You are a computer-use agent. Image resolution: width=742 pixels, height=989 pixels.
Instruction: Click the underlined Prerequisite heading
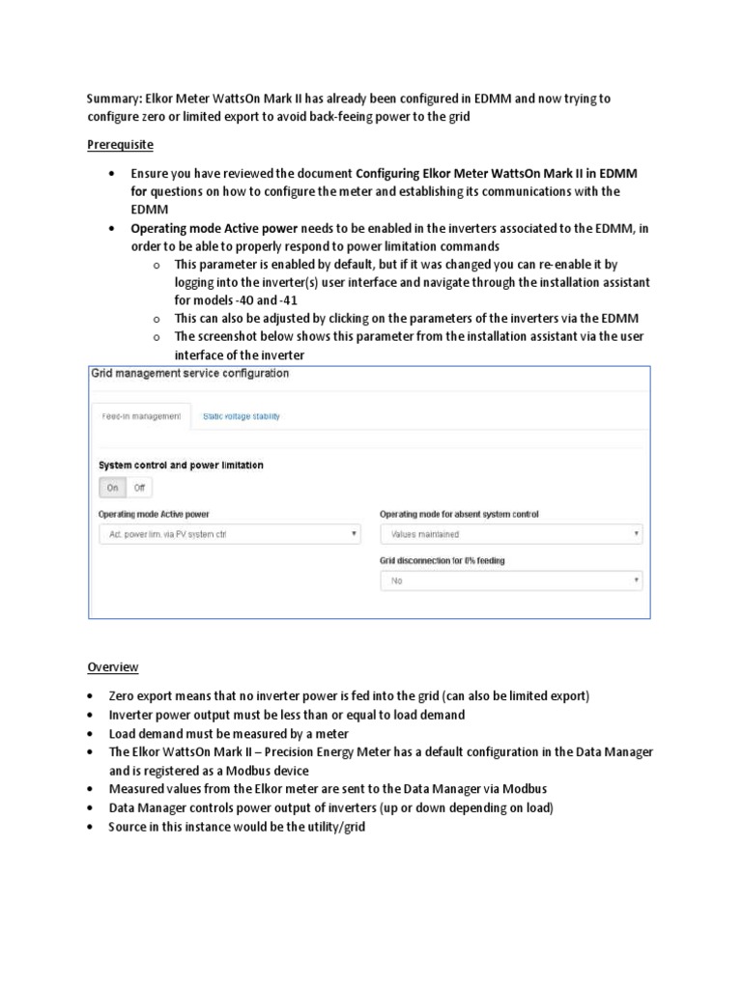coord(121,145)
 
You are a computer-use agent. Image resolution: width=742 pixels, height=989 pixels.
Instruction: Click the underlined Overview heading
coord(113,666)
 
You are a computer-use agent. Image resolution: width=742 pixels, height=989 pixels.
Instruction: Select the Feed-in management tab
coord(141,416)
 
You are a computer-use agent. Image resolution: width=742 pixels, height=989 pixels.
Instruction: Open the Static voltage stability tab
coord(242,416)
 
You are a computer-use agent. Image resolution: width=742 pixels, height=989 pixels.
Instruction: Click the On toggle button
coord(113,488)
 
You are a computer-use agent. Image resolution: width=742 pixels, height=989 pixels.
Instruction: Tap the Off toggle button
coord(140,488)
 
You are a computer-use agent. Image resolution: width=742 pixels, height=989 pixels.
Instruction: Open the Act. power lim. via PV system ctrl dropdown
coord(229,533)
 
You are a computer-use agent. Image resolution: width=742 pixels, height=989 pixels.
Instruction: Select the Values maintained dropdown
coord(511,533)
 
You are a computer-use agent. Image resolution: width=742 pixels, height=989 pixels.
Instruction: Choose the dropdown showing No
coord(511,581)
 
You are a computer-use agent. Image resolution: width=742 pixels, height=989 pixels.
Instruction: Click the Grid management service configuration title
coord(189,373)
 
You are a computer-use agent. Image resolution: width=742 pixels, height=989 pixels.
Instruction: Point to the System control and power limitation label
coord(181,465)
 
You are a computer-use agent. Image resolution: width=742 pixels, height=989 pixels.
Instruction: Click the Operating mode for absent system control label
coord(459,514)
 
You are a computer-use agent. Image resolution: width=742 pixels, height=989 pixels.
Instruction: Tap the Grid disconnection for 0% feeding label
coord(442,560)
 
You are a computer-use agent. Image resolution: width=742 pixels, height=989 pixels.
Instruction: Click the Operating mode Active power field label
coord(154,514)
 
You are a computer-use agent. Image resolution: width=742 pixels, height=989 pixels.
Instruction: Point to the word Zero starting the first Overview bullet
coord(123,696)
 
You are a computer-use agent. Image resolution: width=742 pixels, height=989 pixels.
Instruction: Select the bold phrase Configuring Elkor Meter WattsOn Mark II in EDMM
coord(497,173)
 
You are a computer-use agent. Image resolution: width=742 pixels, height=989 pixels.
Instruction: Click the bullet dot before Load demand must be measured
coord(90,734)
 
